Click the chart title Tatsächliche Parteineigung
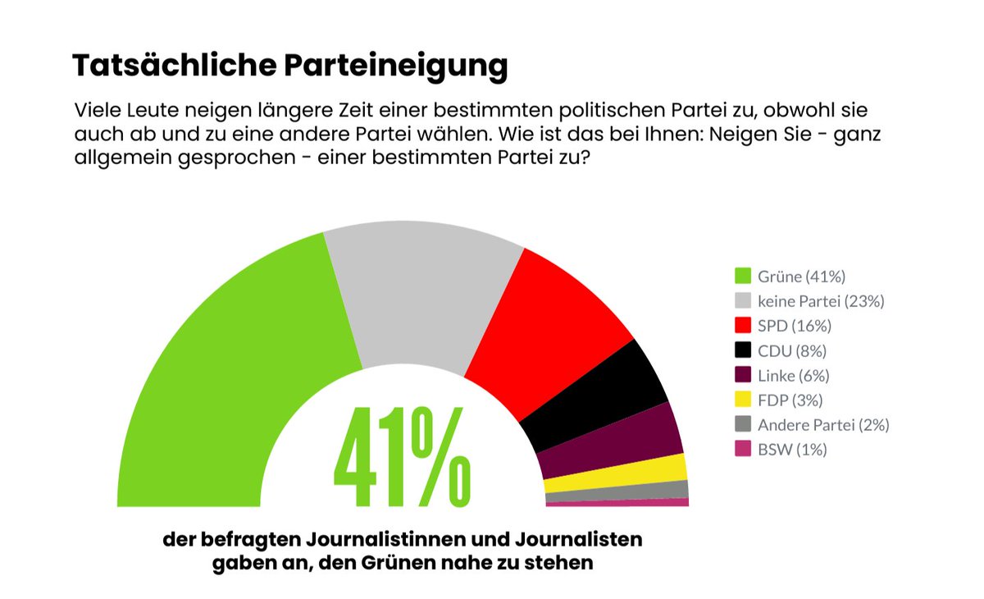click(290, 66)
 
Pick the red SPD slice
click(545, 328)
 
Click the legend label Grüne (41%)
click(801, 277)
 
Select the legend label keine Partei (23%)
click(821, 301)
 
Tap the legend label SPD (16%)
click(795, 326)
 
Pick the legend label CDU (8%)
click(791, 351)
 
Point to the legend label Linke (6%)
click(793, 376)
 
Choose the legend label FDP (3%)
click(790, 400)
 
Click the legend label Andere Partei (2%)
click(823, 425)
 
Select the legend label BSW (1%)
click(792, 450)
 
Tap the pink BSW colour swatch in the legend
click(744, 450)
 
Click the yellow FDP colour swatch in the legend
click(744, 400)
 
